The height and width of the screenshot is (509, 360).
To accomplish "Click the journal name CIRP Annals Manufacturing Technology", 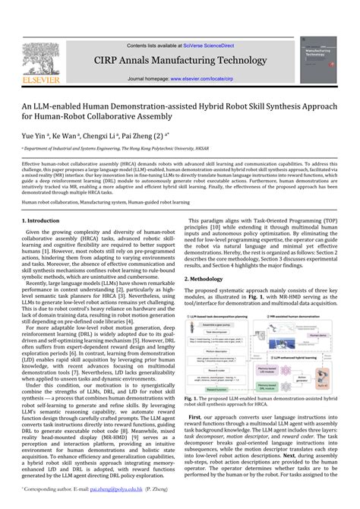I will [180, 62].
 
